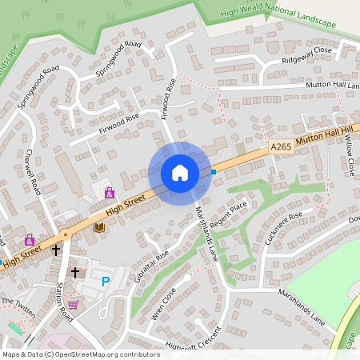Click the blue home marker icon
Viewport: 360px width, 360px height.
click(x=180, y=172)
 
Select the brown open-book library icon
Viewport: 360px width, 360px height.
click(x=99, y=228)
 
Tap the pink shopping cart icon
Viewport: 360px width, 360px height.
click(x=74, y=304)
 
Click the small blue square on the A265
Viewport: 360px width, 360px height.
click(x=214, y=171)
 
